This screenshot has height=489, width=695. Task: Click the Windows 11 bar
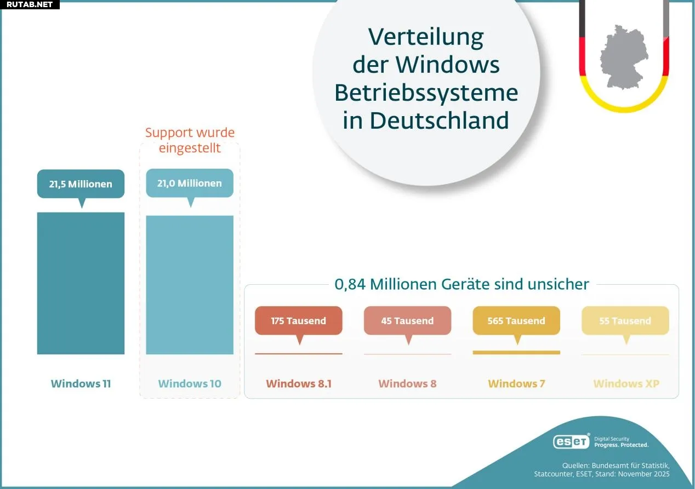click(x=81, y=283)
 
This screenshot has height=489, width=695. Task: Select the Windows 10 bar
click(x=190, y=285)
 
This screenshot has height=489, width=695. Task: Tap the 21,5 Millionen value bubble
click(x=81, y=184)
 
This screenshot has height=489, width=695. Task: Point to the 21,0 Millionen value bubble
click(x=190, y=183)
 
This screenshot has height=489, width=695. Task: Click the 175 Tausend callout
click(x=298, y=321)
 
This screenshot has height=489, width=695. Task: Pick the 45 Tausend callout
click(x=407, y=321)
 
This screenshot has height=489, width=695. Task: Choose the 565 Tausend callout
click(x=516, y=321)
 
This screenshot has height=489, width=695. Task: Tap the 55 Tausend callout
click(x=625, y=321)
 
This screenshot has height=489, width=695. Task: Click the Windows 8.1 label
click(x=299, y=384)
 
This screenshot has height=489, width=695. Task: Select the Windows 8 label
click(x=407, y=384)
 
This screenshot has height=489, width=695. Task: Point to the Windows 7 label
click(x=516, y=384)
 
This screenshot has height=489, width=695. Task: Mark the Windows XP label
click(x=626, y=384)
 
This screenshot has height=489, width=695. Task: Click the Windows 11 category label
click(x=81, y=384)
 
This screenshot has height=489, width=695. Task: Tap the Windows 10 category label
click(x=190, y=384)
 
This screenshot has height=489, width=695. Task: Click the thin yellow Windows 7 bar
click(x=516, y=353)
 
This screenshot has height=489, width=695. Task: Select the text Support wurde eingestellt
click(x=190, y=140)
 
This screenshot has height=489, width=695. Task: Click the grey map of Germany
click(x=624, y=56)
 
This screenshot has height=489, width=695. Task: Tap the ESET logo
click(x=571, y=441)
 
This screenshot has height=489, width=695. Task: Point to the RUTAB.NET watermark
click(x=30, y=5)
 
